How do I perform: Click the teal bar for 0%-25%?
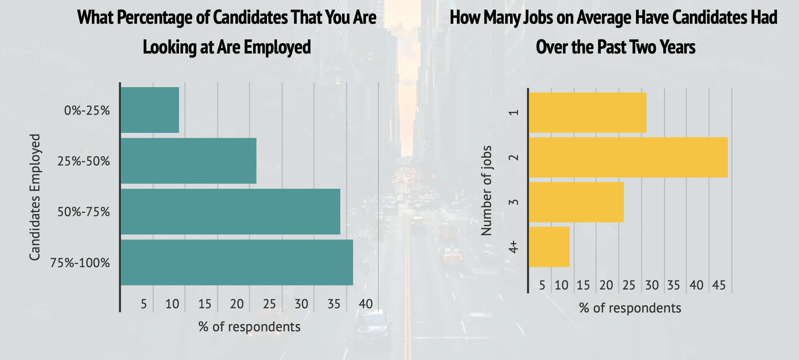click(150, 110)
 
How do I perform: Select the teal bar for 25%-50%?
click(189, 161)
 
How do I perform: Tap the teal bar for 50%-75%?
click(230, 212)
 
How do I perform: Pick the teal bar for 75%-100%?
click(237, 262)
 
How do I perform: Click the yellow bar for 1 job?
click(587, 113)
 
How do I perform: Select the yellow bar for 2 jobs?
click(628, 157)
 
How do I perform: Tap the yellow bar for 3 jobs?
click(576, 202)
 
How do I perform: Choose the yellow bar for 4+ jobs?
click(549, 247)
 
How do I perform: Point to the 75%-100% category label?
click(80, 263)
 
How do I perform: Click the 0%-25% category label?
click(87, 111)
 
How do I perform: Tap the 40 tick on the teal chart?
click(365, 304)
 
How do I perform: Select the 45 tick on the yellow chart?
click(719, 285)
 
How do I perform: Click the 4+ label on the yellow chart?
click(514, 247)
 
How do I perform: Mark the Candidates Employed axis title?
click(35, 197)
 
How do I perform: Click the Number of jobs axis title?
click(486, 191)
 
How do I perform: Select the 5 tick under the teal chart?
click(144, 304)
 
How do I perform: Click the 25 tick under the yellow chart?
click(629, 285)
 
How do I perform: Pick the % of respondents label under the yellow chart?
click(630, 308)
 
